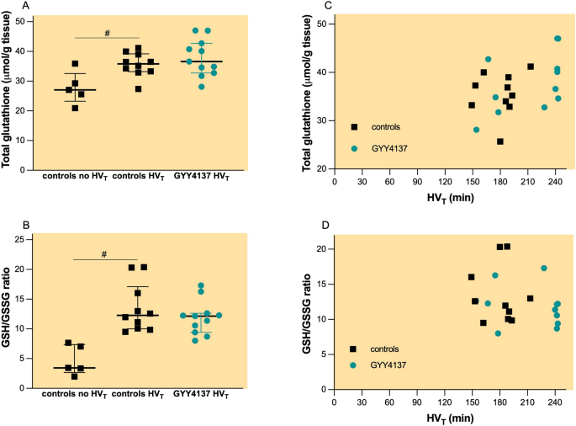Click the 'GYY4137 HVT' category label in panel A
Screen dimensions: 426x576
[200, 174]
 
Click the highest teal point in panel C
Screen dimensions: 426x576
[558, 39]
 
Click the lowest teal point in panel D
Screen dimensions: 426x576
[498, 333]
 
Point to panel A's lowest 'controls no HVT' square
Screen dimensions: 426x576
[77, 108]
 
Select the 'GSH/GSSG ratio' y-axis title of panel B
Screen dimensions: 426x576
[12, 316]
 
